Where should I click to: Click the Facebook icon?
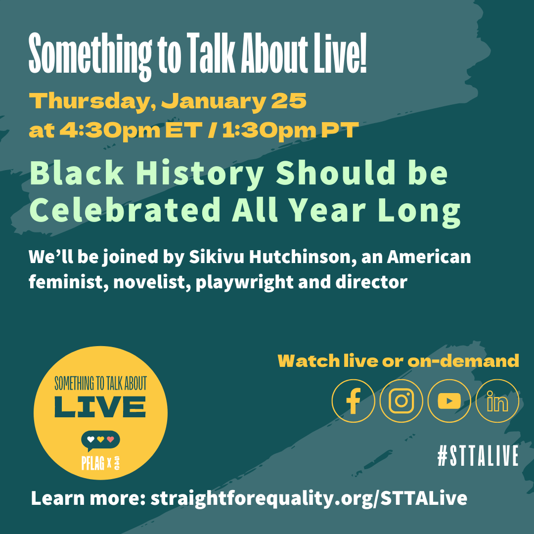pos(353,401)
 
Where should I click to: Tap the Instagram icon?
pos(401,401)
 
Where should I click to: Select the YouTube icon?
pos(449,401)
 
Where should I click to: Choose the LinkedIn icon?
pos(497,401)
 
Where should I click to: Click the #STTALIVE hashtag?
pos(478,455)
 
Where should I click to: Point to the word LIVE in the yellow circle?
pos(100,407)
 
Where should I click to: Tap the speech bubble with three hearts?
pos(100,441)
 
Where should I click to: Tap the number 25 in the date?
pos(289,101)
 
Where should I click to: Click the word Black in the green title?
pos(77,173)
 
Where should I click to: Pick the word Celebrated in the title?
pos(125,210)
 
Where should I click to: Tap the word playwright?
pos(245,283)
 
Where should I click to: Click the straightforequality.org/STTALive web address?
pos(309,498)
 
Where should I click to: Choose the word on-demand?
pos(463,361)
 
